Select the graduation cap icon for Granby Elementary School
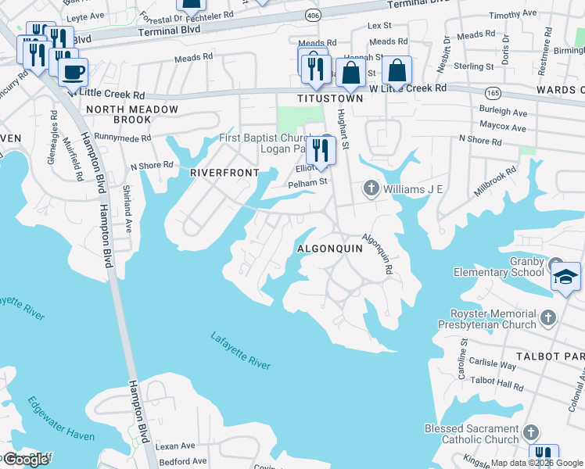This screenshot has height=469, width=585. coord(565,278)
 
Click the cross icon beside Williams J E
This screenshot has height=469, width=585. coord(371,188)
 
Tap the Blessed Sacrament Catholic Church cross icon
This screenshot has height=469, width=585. coord(530,433)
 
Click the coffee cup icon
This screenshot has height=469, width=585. coord(73,71)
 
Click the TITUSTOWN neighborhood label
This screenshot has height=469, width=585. coord(330,99)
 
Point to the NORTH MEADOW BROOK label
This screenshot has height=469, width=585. coord(132,115)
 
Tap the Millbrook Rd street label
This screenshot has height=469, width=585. coord(495,181)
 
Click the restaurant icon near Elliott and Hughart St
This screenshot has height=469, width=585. coord(322,149)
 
